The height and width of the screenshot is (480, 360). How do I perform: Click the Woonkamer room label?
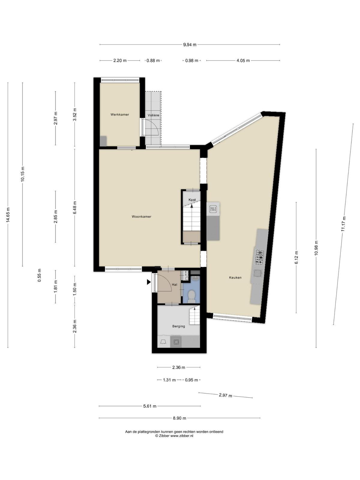click(141, 217)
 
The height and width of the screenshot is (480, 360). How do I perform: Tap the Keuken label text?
click(235, 277)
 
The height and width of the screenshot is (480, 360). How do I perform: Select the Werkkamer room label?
click(120, 114)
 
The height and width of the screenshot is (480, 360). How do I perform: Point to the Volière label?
click(153, 115)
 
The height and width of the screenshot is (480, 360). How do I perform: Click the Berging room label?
click(178, 326)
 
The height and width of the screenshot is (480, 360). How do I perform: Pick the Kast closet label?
click(192, 200)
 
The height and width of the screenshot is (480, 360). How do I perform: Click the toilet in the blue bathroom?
click(192, 296)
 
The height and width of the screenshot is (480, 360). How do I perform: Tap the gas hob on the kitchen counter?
click(259, 257)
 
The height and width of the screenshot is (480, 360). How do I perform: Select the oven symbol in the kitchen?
click(213, 209)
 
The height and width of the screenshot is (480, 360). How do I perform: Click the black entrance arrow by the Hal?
click(148, 282)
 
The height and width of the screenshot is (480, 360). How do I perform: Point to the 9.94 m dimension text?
click(190, 45)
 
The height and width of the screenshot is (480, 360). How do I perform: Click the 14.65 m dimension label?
click(8, 215)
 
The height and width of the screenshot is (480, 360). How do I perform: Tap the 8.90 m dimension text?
click(180, 418)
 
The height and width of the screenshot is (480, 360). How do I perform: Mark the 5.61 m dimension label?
click(150, 406)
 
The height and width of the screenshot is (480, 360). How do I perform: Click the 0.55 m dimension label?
click(39, 275)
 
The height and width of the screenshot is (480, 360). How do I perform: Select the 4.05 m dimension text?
click(243, 61)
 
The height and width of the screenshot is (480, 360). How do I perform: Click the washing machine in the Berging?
click(176, 342)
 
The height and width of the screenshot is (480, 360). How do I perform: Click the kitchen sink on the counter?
click(257, 273)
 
